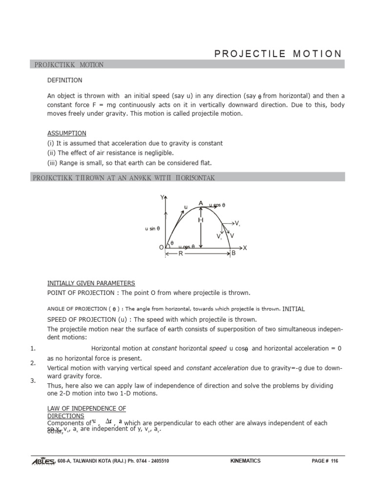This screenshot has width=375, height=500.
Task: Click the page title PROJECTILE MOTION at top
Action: click(x=278, y=54)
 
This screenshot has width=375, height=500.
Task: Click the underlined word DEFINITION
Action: click(x=64, y=80)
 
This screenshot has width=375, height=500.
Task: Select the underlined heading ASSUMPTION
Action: click(x=66, y=133)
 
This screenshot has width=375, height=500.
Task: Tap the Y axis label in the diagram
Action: click(x=162, y=197)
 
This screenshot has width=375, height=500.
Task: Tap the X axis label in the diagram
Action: click(x=245, y=248)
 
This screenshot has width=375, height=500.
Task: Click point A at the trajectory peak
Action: click(x=200, y=203)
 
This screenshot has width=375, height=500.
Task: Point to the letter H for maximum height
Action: click(x=200, y=221)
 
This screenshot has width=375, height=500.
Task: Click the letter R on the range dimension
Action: click(x=180, y=253)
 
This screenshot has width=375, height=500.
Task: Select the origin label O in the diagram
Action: click(x=161, y=248)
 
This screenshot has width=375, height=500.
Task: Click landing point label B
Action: click(x=233, y=253)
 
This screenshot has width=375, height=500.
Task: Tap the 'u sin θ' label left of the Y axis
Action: click(x=152, y=228)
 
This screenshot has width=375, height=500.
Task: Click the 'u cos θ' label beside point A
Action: click(x=217, y=205)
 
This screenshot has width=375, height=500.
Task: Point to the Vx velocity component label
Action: click(x=237, y=223)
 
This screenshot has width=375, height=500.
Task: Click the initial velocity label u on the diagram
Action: click(x=186, y=207)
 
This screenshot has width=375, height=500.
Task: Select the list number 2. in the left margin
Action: click(x=33, y=363)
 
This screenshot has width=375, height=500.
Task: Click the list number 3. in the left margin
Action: click(x=33, y=380)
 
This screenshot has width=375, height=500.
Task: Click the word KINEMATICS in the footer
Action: click(x=245, y=461)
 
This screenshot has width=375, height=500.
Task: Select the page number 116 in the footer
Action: click(x=333, y=461)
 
